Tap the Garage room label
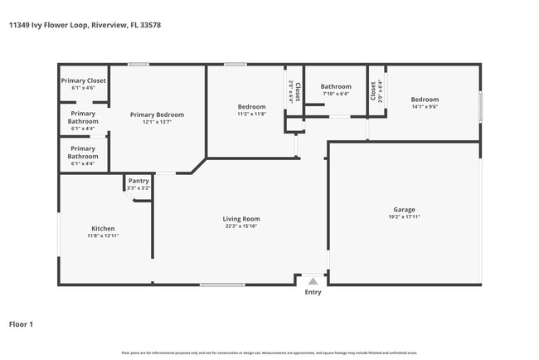[x=404, y=210]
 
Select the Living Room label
[x=241, y=219]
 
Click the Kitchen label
[x=103, y=228]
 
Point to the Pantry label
[x=138, y=181]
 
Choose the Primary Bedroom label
[x=157, y=114]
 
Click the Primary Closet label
[x=83, y=80]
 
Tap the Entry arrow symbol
[x=313, y=282]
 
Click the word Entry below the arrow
[x=313, y=292]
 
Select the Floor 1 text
[x=21, y=324]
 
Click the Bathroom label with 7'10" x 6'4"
[x=336, y=86]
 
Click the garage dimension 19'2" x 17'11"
[x=404, y=217]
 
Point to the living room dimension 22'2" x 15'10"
[x=241, y=226]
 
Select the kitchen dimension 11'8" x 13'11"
[x=103, y=236]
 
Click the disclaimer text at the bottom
[x=269, y=353]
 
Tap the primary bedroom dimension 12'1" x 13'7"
[x=157, y=122]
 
